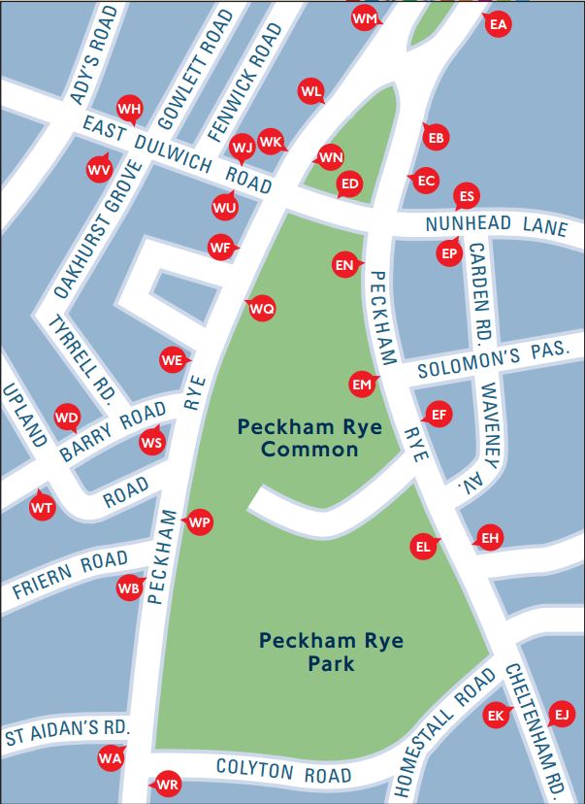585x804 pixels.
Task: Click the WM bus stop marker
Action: [365, 18]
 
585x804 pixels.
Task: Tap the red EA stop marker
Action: [499, 25]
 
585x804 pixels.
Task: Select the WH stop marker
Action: [129, 108]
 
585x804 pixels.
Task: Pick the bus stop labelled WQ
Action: [262, 309]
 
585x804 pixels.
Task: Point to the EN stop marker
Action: [344, 264]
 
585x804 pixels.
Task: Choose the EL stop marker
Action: [423, 546]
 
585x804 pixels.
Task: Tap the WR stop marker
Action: [168, 784]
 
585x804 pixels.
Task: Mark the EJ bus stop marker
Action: [561, 715]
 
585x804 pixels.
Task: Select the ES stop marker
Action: [467, 197]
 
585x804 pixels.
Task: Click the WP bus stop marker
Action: [199, 522]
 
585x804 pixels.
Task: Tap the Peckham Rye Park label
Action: [331, 653]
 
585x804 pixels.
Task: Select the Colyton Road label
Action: [283, 772]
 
